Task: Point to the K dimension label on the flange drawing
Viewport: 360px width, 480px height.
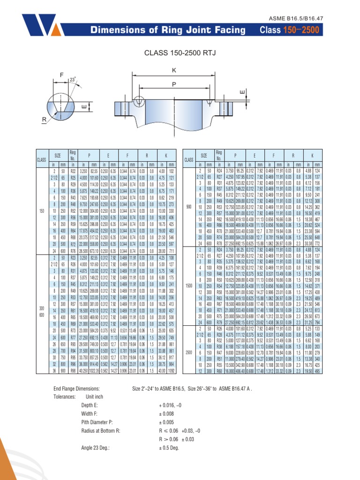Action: click(174, 70)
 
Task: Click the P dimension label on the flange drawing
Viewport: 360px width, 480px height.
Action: click(174, 85)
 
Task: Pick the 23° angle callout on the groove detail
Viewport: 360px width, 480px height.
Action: click(72, 80)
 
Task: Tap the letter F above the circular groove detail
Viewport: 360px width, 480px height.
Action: click(61, 75)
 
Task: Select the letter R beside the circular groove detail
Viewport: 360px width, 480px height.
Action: click(45, 120)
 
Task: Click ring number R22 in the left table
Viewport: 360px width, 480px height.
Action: click(73, 172)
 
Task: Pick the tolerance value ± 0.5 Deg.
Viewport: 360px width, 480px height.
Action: click(169, 448)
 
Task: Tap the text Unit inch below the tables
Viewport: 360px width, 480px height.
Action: click(94, 396)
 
